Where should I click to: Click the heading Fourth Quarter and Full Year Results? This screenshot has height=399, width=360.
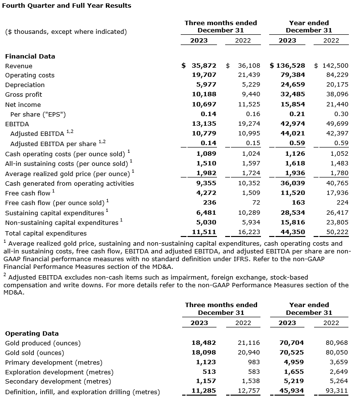(x=68, y=6)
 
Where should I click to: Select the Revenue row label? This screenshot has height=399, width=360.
(x=19, y=66)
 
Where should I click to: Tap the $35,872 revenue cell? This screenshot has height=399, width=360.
(x=199, y=66)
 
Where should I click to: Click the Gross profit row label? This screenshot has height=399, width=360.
(x=24, y=95)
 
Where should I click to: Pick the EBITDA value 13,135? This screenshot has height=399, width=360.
(x=204, y=124)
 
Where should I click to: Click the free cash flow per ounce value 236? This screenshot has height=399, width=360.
(x=210, y=203)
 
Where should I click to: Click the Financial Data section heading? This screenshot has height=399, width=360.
(x=30, y=56)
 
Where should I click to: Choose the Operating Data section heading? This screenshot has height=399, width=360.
(x=32, y=333)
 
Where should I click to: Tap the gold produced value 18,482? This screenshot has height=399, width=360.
(x=204, y=343)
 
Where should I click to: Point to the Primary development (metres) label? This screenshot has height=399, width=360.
(x=54, y=362)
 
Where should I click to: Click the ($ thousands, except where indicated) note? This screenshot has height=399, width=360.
(x=66, y=32)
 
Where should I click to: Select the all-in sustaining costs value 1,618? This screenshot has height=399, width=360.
(x=295, y=163)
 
